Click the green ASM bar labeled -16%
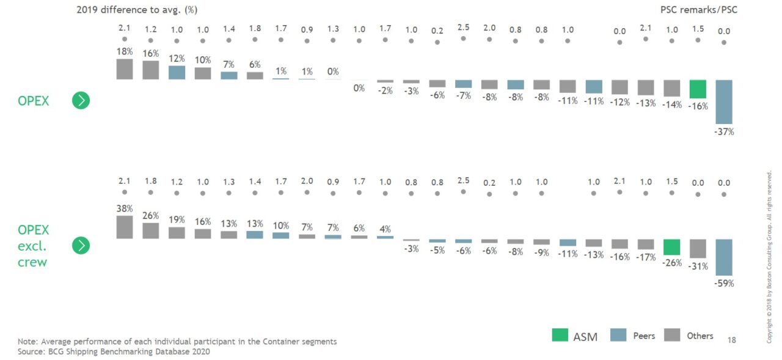tap(698, 89)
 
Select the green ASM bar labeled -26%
tap(671, 247)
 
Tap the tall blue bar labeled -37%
tap(724, 101)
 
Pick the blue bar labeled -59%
tap(724, 257)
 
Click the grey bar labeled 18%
tap(125, 69)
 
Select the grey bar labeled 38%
tap(125, 227)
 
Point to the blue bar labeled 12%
tap(177, 72)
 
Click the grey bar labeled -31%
tap(698, 249)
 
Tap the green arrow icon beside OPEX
tap(81, 100)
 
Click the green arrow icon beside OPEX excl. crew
tap(81, 246)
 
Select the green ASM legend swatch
tap(559, 336)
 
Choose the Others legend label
tap(700, 336)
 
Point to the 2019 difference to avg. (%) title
tap(137, 10)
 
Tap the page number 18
tap(732, 339)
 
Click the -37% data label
tap(724, 132)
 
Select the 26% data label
tap(150, 216)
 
